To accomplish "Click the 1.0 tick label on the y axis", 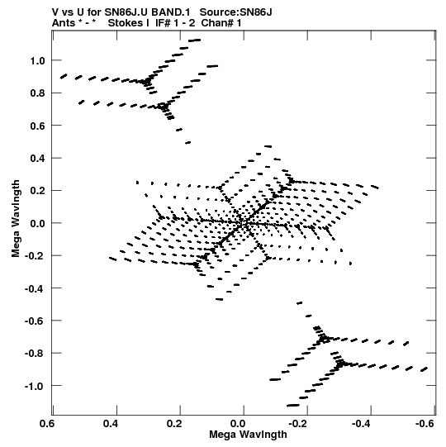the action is point(37,60).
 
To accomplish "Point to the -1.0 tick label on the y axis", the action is point(35,387).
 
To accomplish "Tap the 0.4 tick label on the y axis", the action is point(37,158).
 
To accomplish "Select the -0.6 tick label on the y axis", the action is point(35,321).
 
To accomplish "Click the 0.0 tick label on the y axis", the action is point(37,223).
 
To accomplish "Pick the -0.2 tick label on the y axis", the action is point(35,256).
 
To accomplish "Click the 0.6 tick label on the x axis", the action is point(47,424).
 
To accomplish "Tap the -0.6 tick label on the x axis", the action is point(425,424).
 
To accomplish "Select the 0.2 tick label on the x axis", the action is point(174,424).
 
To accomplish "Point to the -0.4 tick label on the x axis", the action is point(361,424).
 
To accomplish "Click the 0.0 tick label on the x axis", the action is point(237,424).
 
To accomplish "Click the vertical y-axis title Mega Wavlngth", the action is point(16,219).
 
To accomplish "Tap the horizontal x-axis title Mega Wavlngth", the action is point(248,435).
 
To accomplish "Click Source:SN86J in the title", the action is point(235,12).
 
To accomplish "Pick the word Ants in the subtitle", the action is point(64,23).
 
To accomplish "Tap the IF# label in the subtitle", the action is point(163,23).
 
